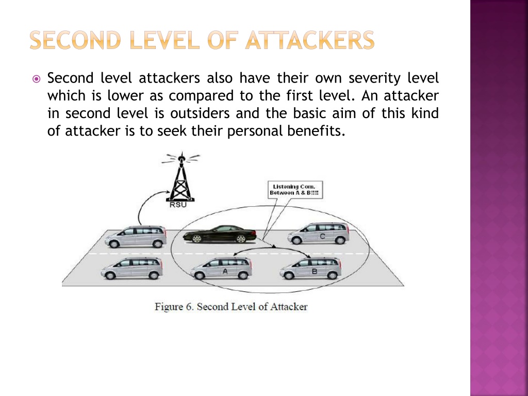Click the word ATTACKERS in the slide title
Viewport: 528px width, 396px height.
[310, 40]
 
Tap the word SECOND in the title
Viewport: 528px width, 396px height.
[75, 40]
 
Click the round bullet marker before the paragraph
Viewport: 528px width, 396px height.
[36, 79]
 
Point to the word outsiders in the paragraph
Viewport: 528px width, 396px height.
[200, 113]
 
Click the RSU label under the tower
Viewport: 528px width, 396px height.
[178, 204]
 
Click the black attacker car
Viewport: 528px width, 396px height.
[220, 234]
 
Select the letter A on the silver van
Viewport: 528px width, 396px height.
[225, 271]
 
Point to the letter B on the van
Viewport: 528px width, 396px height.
[315, 271]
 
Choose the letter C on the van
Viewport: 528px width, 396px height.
[322, 236]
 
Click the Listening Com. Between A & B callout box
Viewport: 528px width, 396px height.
[295, 190]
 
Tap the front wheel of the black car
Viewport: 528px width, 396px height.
[196, 239]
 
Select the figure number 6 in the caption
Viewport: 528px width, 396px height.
[189, 307]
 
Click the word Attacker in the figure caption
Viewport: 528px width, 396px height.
[289, 307]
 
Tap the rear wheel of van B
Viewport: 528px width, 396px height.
[333, 275]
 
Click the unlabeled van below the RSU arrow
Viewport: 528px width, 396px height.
[136, 237]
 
